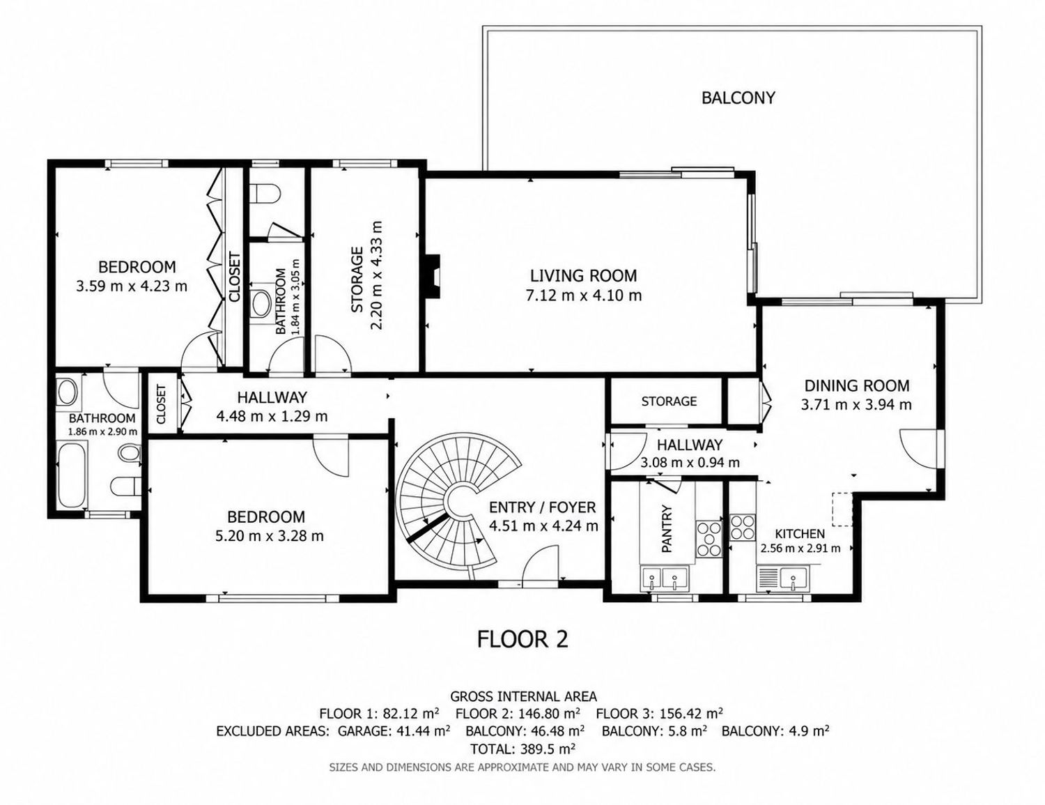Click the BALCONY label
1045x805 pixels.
point(738,98)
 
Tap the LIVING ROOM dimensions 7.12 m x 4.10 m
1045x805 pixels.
point(583,296)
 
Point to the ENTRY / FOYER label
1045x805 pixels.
point(542,507)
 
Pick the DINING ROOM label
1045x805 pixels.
point(857,385)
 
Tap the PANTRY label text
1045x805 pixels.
point(666,528)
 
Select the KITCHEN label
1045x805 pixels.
point(800,534)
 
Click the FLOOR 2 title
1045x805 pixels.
point(522,639)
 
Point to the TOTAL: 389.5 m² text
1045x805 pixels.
point(522,749)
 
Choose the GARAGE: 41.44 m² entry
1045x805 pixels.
point(394,731)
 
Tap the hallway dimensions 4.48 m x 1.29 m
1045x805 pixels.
point(272,416)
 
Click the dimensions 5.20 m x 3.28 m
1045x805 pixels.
point(270,535)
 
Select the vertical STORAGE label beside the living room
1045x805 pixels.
point(357,279)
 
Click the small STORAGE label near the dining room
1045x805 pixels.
point(669,401)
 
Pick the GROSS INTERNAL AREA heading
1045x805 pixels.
point(523,696)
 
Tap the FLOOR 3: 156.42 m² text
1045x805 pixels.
point(659,713)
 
